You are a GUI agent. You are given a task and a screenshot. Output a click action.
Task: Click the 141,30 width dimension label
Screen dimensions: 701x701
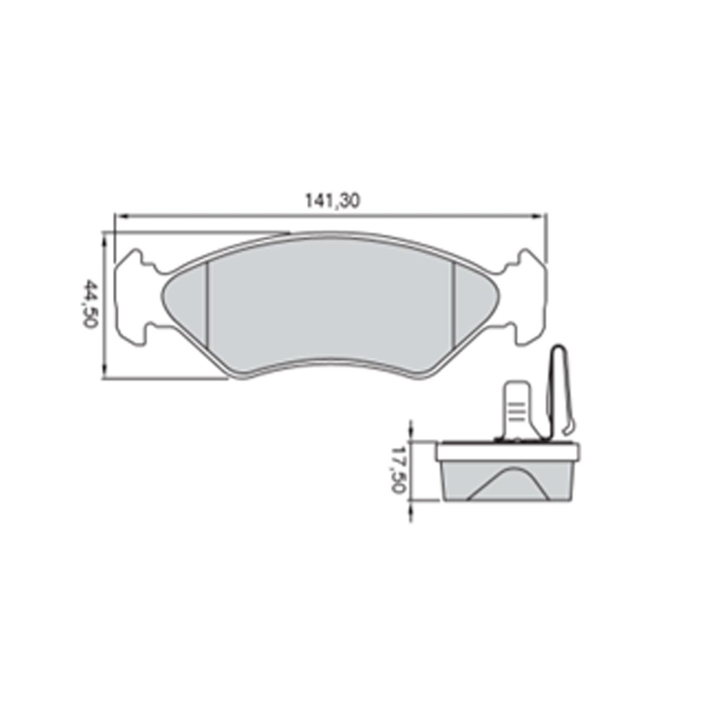[x=332, y=201]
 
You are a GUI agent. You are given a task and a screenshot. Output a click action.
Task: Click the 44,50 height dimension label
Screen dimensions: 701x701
[x=90, y=303]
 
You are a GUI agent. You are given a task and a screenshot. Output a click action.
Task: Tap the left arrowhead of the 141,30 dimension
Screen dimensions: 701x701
[x=119, y=216]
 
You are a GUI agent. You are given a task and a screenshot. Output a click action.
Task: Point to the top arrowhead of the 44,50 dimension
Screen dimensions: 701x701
[x=105, y=238]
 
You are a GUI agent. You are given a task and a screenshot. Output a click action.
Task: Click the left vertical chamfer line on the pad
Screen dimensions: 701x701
[x=207, y=307]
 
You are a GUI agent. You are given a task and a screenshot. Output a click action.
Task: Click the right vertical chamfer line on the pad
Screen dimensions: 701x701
[x=453, y=306]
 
